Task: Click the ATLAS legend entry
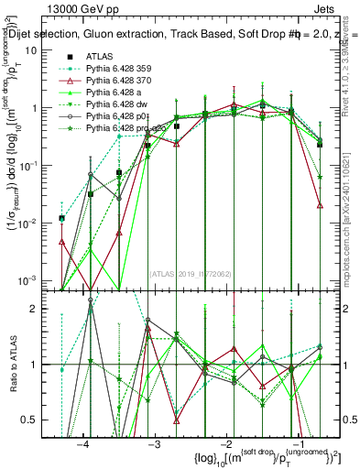(100, 56)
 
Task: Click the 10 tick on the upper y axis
(37, 49)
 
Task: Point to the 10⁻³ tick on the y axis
(32, 280)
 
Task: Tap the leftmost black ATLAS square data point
(61, 218)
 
